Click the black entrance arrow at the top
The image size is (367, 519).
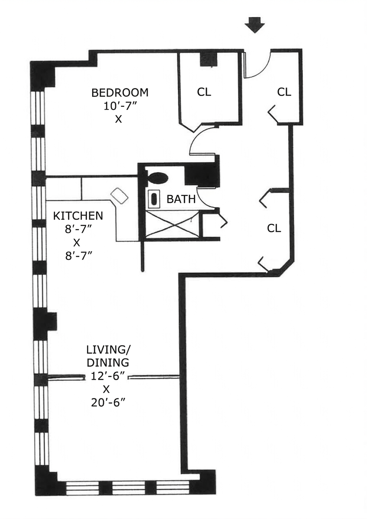click(x=254, y=26)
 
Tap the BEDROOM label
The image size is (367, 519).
click(x=120, y=93)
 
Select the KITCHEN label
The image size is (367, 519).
click(x=78, y=216)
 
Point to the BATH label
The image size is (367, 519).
click(x=181, y=199)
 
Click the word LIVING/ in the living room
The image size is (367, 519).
click(x=109, y=349)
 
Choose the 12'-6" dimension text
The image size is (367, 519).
click(x=108, y=377)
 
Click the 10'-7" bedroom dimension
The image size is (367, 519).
click(x=119, y=106)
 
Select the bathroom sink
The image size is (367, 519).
click(x=154, y=199)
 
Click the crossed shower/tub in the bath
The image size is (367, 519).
click(x=173, y=224)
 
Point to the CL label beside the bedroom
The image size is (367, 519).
click(x=204, y=92)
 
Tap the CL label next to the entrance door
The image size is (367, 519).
click(x=284, y=92)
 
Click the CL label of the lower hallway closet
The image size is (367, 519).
click(x=274, y=228)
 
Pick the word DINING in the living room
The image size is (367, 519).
click(x=108, y=363)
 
